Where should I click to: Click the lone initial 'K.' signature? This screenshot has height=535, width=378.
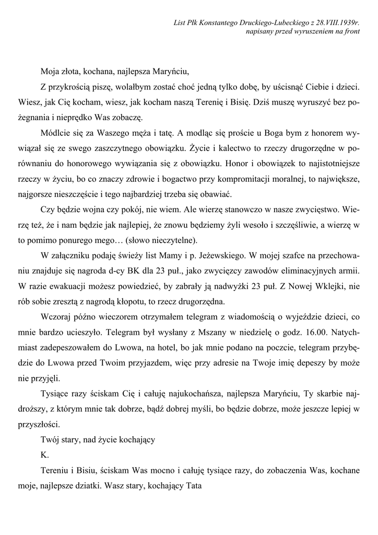tap(44, 455)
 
